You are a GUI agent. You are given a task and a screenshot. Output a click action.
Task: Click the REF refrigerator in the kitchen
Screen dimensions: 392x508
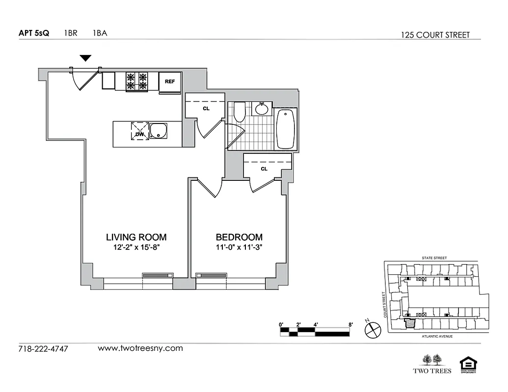coord(170,81)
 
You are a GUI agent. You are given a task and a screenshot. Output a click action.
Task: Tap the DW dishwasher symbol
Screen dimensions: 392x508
coord(139,131)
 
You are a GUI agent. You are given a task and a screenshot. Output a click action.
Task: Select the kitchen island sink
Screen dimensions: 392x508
coord(159,131)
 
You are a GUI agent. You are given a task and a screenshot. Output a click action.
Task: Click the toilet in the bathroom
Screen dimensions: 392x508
coord(240,112)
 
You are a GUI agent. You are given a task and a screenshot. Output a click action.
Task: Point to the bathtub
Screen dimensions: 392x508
coord(285,129)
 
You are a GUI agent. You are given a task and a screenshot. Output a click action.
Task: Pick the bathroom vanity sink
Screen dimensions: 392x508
coord(262,108)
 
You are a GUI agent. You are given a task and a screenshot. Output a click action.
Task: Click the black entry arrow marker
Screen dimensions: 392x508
coord(86,58)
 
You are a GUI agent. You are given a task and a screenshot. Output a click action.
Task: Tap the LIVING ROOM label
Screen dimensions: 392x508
coord(136,237)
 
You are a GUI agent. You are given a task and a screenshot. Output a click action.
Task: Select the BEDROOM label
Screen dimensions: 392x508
coord(239,237)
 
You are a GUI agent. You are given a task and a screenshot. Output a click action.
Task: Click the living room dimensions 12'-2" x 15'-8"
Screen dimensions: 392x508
coord(136,247)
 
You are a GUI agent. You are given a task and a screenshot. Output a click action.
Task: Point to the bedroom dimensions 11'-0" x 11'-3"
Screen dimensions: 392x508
coord(239,247)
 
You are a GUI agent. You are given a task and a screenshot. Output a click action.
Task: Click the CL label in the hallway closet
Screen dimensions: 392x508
coord(206,108)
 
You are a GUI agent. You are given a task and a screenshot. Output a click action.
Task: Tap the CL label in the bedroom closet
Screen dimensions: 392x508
coord(264,169)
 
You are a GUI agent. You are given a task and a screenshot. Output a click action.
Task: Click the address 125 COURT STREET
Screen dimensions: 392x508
coord(435,35)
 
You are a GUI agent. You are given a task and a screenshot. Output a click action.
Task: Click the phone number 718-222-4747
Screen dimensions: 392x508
coord(43,349)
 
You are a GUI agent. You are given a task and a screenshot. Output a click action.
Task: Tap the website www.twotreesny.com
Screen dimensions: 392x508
coord(140,348)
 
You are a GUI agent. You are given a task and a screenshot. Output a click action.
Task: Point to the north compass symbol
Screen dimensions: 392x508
coord(373,329)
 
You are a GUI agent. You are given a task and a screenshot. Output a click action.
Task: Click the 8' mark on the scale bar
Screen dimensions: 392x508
coord(350,324)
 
